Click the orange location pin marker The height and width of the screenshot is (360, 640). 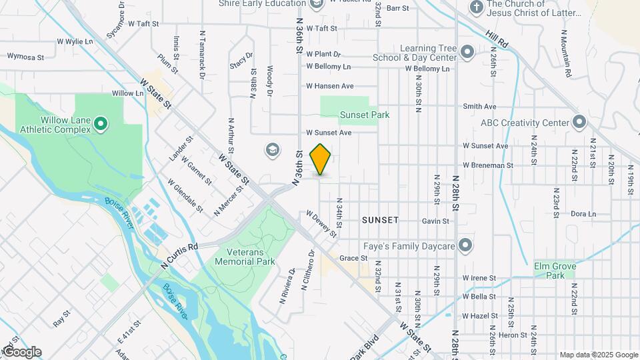[321, 159]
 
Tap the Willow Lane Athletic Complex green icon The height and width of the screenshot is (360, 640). [100, 123]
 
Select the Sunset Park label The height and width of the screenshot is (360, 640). [365, 115]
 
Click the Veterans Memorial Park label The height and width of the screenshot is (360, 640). [245, 257]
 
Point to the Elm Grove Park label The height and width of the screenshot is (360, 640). [554, 270]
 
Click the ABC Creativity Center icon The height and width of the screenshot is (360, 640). [579, 122]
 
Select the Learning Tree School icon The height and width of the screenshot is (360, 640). [467, 51]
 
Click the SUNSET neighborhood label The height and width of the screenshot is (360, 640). [380, 219]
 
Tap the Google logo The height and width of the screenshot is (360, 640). [22, 352]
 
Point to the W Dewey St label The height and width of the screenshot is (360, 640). [321, 223]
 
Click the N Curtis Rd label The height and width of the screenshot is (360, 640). [179, 256]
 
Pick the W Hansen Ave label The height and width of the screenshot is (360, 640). [329, 86]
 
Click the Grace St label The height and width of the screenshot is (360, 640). [353, 258]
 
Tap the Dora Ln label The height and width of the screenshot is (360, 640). [583, 214]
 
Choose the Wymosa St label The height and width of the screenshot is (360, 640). [25, 57]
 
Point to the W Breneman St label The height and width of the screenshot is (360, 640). [489, 165]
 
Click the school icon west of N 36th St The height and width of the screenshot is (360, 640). [271, 149]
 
